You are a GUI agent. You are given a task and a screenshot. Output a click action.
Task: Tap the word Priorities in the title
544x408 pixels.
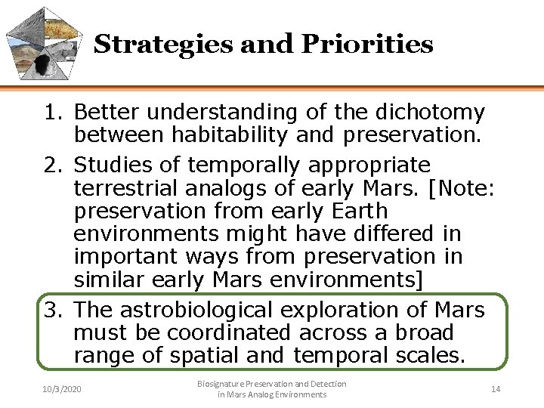click(x=366, y=45)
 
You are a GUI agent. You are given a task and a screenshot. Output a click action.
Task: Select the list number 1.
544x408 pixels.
click(x=51, y=113)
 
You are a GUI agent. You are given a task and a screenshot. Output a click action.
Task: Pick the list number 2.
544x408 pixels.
click(x=51, y=165)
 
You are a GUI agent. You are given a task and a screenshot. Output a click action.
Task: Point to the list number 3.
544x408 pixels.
click(x=51, y=310)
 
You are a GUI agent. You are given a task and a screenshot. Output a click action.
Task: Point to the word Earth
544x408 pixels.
click(x=354, y=211)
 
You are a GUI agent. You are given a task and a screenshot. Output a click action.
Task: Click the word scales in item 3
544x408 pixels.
click(x=429, y=355)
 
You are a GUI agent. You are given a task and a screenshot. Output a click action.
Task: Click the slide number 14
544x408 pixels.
click(x=496, y=389)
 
